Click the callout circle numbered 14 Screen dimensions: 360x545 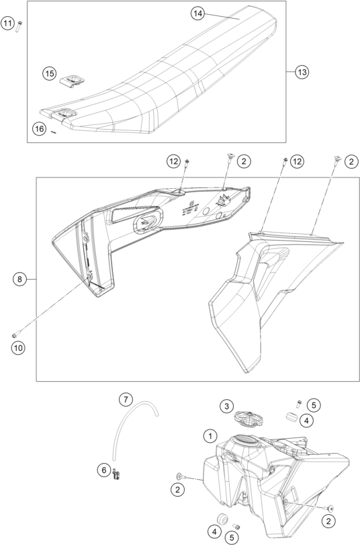[197, 13]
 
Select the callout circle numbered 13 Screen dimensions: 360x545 [302, 72]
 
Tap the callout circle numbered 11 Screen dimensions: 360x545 [7, 24]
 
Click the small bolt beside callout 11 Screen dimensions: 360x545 [19, 26]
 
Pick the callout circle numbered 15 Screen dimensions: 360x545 [50, 73]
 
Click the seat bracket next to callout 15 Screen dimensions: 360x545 [72, 81]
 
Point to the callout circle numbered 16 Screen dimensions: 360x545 [40, 129]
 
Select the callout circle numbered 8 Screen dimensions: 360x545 [19, 279]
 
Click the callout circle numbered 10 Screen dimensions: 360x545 [18, 347]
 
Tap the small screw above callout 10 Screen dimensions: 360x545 [15, 335]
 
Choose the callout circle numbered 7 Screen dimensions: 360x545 [126, 399]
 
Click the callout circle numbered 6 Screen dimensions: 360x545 [104, 470]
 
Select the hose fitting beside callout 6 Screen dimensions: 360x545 [116, 474]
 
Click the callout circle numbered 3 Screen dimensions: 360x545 [226, 406]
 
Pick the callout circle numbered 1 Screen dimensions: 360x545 [210, 435]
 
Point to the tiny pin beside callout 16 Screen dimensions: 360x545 [53, 132]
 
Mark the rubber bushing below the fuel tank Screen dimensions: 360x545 [222, 519]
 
